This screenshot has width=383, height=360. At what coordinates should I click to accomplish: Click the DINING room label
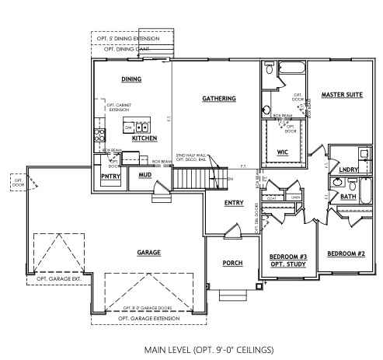(131, 79)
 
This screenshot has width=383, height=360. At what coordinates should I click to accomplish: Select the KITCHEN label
(144, 138)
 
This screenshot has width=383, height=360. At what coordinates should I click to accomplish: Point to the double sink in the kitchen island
(142, 127)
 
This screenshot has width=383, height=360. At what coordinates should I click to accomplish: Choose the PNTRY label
(109, 176)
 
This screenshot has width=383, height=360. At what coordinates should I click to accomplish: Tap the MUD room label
(144, 175)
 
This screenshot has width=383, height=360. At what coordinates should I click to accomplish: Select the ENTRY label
(234, 203)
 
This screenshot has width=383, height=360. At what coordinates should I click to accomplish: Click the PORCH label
(233, 264)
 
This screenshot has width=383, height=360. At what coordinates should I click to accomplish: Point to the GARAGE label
(148, 253)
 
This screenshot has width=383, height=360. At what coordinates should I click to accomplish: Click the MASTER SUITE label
(342, 94)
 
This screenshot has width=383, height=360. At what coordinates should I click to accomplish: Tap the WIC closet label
(283, 152)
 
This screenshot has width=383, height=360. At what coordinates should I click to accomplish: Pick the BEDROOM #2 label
(346, 254)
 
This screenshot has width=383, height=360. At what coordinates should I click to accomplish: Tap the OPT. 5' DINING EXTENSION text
(125, 37)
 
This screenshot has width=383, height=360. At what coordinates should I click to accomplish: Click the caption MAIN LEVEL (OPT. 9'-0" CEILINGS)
(190, 350)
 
